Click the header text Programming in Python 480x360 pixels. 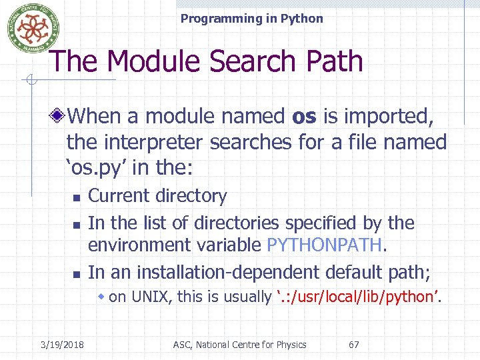tap(251, 19)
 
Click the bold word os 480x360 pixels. tap(304, 116)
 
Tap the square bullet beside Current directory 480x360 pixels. tap(77, 198)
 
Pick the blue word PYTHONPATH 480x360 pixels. tap(324, 245)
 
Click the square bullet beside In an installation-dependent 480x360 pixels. tap(77, 273)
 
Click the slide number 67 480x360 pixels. tap(354, 345)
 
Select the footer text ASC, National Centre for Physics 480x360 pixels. tap(239, 345)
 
